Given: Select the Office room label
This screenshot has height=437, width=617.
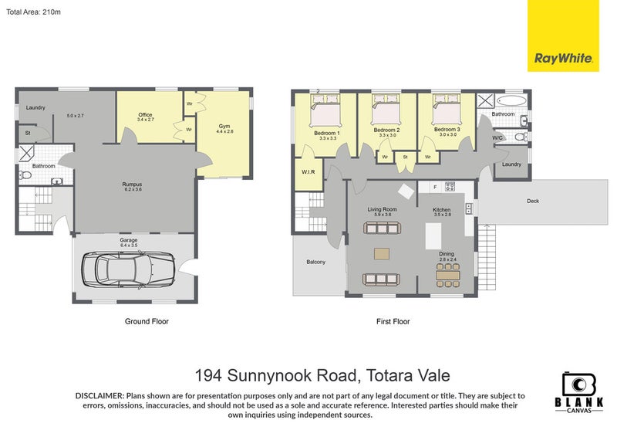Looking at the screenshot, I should [145, 117].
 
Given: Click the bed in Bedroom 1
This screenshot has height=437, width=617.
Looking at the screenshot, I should [325, 107].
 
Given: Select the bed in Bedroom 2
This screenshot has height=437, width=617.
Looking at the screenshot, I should [386, 107].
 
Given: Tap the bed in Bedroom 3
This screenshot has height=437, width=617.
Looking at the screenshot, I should [446, 107].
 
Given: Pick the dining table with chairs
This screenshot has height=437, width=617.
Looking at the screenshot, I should [447, 273].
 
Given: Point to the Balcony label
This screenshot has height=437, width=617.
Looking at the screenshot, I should [315, 262].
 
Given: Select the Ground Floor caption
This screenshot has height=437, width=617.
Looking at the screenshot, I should [147, 321].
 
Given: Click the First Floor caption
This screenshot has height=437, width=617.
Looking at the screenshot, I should [393, 321].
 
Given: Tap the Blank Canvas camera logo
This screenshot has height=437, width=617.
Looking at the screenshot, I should [578, 385].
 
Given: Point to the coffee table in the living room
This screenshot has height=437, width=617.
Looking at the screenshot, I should [381, 252].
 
